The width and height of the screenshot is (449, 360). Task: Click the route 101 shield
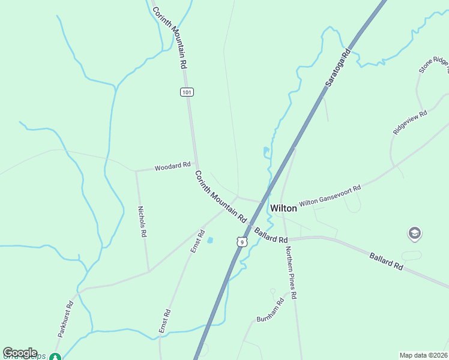point(186,92)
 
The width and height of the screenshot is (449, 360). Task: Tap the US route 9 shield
point(241,241)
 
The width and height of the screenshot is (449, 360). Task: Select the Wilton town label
point(283,208)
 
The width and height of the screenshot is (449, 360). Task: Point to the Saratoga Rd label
point(337,70)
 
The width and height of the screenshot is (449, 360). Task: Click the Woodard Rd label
point(172,165)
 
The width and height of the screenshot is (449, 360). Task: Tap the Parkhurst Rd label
point(65,318)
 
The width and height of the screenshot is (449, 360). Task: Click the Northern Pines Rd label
point(291,273)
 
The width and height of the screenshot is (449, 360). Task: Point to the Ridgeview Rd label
point(410,122)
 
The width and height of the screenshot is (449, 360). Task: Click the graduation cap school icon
point(414,233)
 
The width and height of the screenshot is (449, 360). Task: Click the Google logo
point(20,353)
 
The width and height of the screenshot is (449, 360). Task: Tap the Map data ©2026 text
point(423,355)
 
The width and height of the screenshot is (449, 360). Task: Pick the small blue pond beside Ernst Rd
point(209,241)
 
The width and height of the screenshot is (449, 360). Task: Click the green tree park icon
point(55,357)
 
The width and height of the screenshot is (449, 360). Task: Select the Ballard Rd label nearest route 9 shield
point(270,235)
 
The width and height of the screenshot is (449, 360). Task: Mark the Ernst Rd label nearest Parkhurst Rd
point(164,321)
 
